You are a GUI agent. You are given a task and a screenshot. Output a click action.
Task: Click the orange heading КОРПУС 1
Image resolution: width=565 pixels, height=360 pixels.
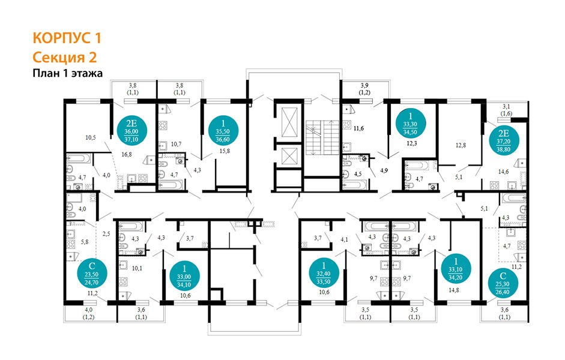[x=67, y=38]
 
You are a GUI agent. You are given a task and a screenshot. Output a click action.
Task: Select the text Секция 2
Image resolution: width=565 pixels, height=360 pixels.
[x=65, y=58]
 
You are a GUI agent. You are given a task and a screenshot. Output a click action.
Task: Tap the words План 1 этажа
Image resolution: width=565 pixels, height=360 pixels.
[x=68, y=73]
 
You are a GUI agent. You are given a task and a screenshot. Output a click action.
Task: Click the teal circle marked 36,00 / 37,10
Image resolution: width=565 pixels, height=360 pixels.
[x=131, y=130]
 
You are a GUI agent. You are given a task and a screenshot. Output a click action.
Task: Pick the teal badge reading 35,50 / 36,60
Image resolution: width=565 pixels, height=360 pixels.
[x=223, y=130]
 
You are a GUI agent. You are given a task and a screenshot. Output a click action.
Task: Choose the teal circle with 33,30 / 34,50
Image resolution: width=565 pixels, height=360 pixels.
[x=410, y=123]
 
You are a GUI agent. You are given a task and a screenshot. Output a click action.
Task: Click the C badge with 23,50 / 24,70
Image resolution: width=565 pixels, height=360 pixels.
[x=91, y=274]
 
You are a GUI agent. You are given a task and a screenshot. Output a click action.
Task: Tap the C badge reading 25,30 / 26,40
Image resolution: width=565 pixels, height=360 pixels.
[x=503, y=284]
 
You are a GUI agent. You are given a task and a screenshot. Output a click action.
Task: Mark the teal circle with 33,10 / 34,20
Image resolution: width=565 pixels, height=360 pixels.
[x=456, y=269]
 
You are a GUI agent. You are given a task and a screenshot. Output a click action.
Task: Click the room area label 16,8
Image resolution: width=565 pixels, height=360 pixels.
[x=127, y=154]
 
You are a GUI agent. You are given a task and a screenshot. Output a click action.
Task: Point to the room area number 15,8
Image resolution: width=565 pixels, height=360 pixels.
[x=224, y=151]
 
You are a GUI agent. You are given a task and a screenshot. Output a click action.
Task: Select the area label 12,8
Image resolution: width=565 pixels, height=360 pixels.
[x=461, y=145]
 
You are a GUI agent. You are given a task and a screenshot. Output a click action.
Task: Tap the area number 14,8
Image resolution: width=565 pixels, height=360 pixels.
[x=454, y=290]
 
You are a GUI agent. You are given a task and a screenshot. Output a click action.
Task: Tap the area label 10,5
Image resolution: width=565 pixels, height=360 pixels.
[x=91, y=137]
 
